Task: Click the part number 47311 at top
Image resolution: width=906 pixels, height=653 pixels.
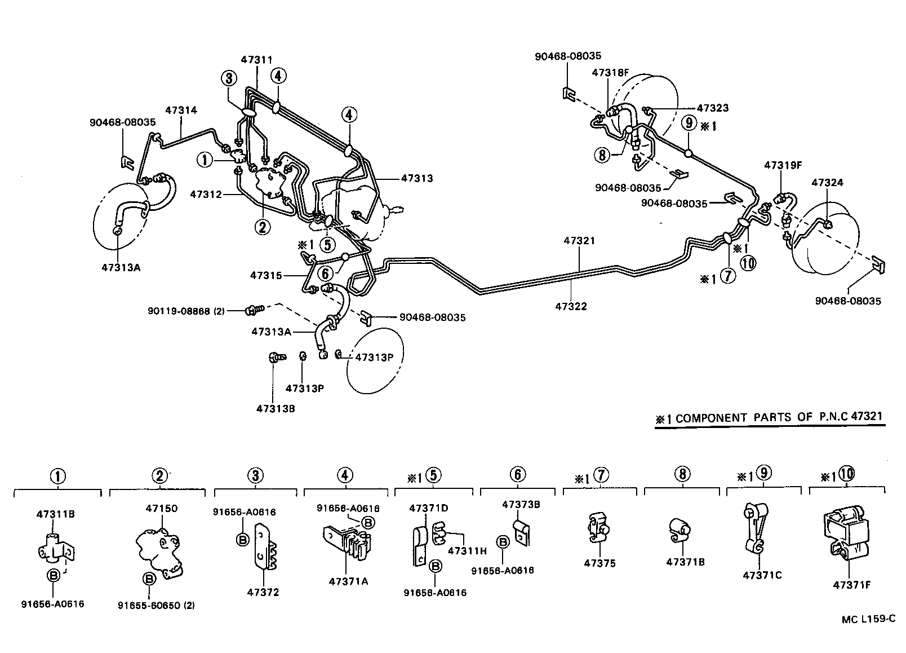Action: click(x=256, y=60)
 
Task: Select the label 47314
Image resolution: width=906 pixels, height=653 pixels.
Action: click(x=181, y=111)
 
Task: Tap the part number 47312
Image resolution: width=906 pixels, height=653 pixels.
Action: click(x=206, y=194)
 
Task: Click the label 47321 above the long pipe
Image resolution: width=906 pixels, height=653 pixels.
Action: click(x=579, y=241)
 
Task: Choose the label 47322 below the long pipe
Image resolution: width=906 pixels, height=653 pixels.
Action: click(x=571, y=306)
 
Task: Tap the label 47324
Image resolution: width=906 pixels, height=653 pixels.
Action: click(x=827, y=183)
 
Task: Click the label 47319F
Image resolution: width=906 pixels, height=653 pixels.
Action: click(x=783, y=165)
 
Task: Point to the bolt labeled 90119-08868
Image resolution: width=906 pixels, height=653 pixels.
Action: click(x=254, y=309)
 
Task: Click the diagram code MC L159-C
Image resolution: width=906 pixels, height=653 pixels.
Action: click(x=869, y=619)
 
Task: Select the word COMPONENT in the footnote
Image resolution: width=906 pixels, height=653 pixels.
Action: click(x=711, y=418)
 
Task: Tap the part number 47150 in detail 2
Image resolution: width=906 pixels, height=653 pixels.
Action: click(x=162, y=508)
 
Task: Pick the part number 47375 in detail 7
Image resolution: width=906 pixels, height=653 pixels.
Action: click(x=600, y=563)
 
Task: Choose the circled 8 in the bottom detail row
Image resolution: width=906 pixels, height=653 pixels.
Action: click(x=682, y=474)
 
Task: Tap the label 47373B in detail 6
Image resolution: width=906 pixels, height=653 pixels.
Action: click(x=521, y=504)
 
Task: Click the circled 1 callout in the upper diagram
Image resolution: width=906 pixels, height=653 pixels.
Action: click(x=206, y=160)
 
